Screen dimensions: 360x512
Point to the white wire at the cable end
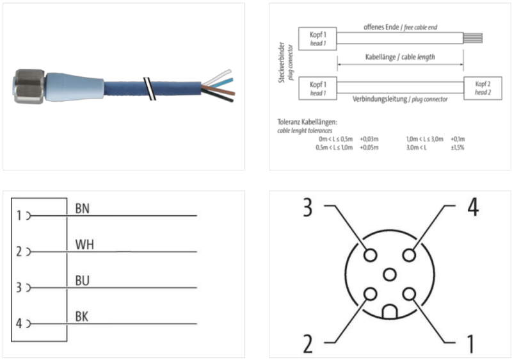pos(214,76)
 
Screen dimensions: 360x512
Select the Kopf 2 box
pos(483,88)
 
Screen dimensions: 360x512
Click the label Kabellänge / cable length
pos(400,56)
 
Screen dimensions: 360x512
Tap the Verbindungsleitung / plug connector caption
pos(400,100)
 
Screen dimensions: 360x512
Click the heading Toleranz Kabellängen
pos(308,122)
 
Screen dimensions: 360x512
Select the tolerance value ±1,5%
pos(458,147)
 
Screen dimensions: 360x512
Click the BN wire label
pos(82,208)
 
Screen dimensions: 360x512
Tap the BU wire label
pos(82,281)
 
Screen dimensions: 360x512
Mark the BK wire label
pos(82,316)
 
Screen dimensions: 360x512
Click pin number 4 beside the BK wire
pos(19,323)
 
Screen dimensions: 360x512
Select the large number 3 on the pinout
pos(308,208)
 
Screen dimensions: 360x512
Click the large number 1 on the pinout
pos(470,344)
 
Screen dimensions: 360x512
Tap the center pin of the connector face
pos(389,274)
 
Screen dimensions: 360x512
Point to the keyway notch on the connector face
pos(389,312)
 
